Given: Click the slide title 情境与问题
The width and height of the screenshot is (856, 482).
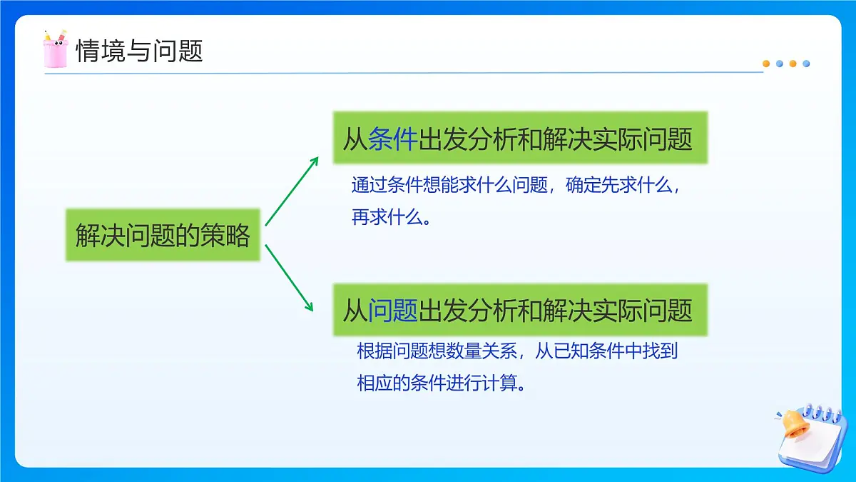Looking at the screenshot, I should (x=139, y=51).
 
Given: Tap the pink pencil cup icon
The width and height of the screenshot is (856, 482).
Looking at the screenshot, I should (x=55, y=49).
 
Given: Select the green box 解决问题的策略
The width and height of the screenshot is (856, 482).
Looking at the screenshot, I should (x=163, y=235).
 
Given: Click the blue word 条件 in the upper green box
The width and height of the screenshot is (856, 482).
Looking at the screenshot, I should (x=392, y=139).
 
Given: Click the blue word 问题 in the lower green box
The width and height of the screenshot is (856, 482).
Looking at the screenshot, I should (x=392, y=310).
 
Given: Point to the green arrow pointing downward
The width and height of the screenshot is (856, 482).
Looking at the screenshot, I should (x=290, y=278).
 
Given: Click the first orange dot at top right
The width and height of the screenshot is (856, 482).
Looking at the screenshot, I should (x=766, y=64).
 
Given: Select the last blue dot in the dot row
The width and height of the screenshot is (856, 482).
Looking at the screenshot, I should (x=806, y=64).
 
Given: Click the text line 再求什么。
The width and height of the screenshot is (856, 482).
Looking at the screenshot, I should (x=391, y=218).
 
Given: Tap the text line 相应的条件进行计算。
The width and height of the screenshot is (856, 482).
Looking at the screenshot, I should (x=442, y=383).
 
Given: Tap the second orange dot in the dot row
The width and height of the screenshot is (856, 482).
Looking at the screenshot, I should (x=793, y=64).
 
